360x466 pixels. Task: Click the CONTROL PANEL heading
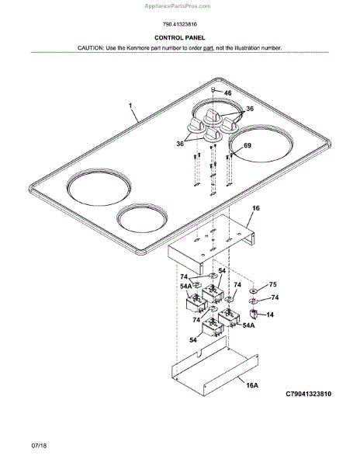click(x=179, y=38)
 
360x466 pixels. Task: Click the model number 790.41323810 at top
click(x=179, y=24)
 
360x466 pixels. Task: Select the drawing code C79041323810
click(x=308, y=394)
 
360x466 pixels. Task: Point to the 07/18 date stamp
click(x=39, y=446)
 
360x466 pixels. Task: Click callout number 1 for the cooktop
click(x=130, y=106)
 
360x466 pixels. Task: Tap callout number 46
click(x=227, y=93)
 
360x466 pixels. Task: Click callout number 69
click(x=247, y=145)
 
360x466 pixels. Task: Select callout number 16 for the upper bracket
click(x=255, y=208)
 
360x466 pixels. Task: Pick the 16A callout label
click(x=252, y=385)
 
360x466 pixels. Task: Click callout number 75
click(x=273, y=284)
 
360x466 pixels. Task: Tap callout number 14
click(x=270, y=315)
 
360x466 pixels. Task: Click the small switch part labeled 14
click(x=254, y=314)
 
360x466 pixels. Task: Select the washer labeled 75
click(x=254, y=290)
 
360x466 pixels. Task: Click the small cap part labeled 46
click(x=213, y=89)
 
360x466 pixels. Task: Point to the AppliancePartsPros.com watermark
click(x=178, y=6)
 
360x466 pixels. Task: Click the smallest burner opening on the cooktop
click(x=142, y=218)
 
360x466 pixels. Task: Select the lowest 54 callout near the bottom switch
click(x=193, y=339)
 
